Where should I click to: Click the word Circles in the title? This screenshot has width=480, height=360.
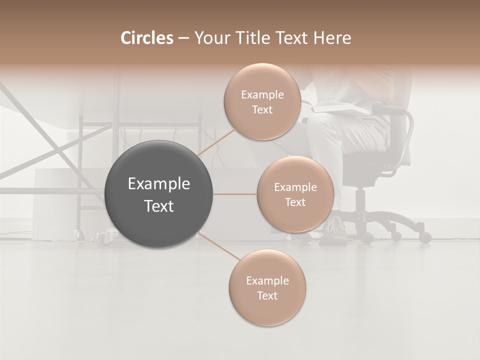tap(147, 38)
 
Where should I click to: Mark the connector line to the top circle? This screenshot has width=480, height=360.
tap(216, 142)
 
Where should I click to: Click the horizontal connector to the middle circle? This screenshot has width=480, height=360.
tap(235, 194)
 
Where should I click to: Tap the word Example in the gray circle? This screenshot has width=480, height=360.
tap(159, 184)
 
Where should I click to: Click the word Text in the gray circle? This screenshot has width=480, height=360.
tap(159, 206)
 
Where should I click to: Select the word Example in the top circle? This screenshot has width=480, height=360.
tap(262, 95)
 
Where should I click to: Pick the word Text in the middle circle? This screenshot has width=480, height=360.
tap(295, 202)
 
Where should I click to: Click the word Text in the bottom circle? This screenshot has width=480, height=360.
tap(267, 295)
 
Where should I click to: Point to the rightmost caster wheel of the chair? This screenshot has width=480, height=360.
tap(425, 238)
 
